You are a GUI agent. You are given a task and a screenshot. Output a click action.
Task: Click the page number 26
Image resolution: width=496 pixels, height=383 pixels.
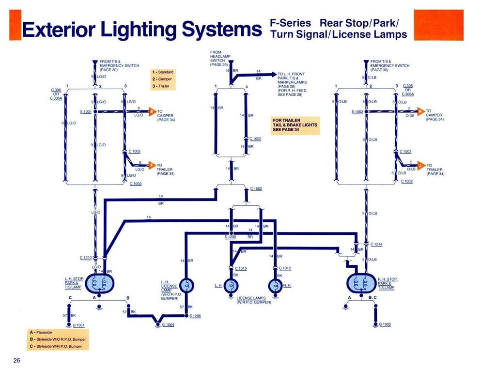tap(17, 360)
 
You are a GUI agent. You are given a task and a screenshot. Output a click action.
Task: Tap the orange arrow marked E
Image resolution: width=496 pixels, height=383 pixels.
tap(152, 111)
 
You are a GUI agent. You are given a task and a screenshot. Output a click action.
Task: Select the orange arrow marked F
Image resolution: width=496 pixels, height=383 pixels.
tap(152, 166)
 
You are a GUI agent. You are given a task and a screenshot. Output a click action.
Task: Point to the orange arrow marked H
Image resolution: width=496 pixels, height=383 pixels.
tap(420, 111)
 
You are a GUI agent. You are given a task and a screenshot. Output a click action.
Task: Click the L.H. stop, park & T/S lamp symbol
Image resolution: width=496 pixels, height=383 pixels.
tap(99, 284)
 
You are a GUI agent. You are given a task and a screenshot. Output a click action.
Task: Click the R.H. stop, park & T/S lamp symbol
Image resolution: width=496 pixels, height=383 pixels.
tap(362, 284)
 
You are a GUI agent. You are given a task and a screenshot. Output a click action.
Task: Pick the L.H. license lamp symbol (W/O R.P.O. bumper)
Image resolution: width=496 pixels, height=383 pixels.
tap(186, 286)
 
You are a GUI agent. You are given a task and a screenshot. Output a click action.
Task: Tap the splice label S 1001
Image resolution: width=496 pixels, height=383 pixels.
tap(86, 111)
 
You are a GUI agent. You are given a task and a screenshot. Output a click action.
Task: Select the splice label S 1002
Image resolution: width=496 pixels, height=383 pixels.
tap(357, 111)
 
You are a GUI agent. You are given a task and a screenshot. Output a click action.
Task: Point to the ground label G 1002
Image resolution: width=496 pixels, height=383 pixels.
tap(385, 324)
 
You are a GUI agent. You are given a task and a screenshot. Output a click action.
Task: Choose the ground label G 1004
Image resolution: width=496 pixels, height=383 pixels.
tap(168, 324)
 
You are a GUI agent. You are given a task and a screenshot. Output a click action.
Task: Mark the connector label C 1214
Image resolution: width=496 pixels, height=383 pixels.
tap(376, 245)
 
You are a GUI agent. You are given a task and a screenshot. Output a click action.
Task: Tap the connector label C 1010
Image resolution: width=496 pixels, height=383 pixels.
tap(241, 268)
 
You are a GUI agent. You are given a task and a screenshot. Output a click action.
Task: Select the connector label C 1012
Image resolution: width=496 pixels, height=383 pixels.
tap(285, 268)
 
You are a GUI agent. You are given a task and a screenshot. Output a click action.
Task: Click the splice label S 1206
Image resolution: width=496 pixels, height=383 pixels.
tap(195, 316)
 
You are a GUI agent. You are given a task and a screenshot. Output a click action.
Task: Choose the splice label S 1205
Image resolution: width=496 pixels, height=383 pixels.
tap(230, 237)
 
